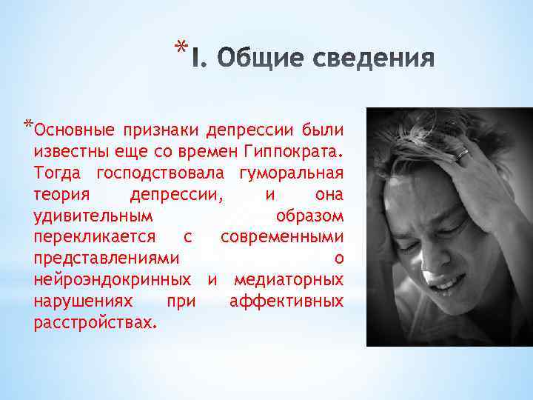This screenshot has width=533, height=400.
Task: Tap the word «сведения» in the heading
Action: pyautogui.click(x=376, y=58)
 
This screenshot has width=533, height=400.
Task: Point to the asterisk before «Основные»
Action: pyautogui.click(x=27, y=124)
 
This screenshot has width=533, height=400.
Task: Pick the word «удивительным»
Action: pyautogui.click(x=94, y=216)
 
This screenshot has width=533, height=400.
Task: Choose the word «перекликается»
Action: pyautogui.click(x=95, y=238)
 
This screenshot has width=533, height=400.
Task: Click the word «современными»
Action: pyautogui.click(x=281, y=238)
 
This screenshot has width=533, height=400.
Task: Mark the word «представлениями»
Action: pyautogui.click(x=107, y=259)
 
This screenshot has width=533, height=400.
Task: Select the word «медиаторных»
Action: pyautogui.click(x=289, y=281)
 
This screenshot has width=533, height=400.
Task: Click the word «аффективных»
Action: pyautogui.click(x=286, y=301)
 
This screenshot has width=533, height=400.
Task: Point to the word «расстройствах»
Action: pyautogui.click(x=94, y=323)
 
